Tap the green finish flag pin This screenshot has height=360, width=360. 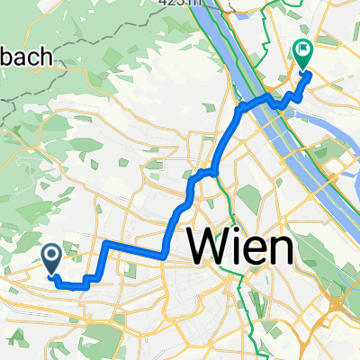302,55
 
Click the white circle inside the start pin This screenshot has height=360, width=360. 51,258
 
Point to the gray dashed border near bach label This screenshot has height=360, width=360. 11,99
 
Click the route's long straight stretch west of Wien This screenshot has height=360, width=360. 135,247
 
